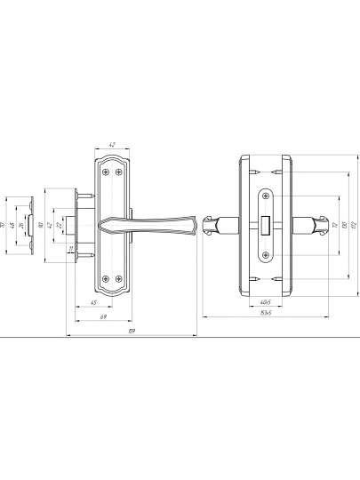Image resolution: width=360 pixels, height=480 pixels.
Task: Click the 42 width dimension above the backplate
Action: click(x=112, y=145)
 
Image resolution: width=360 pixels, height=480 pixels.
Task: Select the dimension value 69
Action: click(x=103, y=316)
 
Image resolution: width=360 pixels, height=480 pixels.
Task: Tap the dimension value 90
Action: click(x=44, y=224)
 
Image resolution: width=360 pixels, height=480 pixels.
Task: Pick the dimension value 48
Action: click(x=12, y=224)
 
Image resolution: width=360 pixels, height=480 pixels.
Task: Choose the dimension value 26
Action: click(x=21, y=224)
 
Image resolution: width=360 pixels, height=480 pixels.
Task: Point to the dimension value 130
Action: click(x=342, y=224)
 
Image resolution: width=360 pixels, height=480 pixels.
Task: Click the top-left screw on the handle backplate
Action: click(x=106, y=172)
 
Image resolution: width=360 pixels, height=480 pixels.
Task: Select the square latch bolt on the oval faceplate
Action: click(x=267, y=225)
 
